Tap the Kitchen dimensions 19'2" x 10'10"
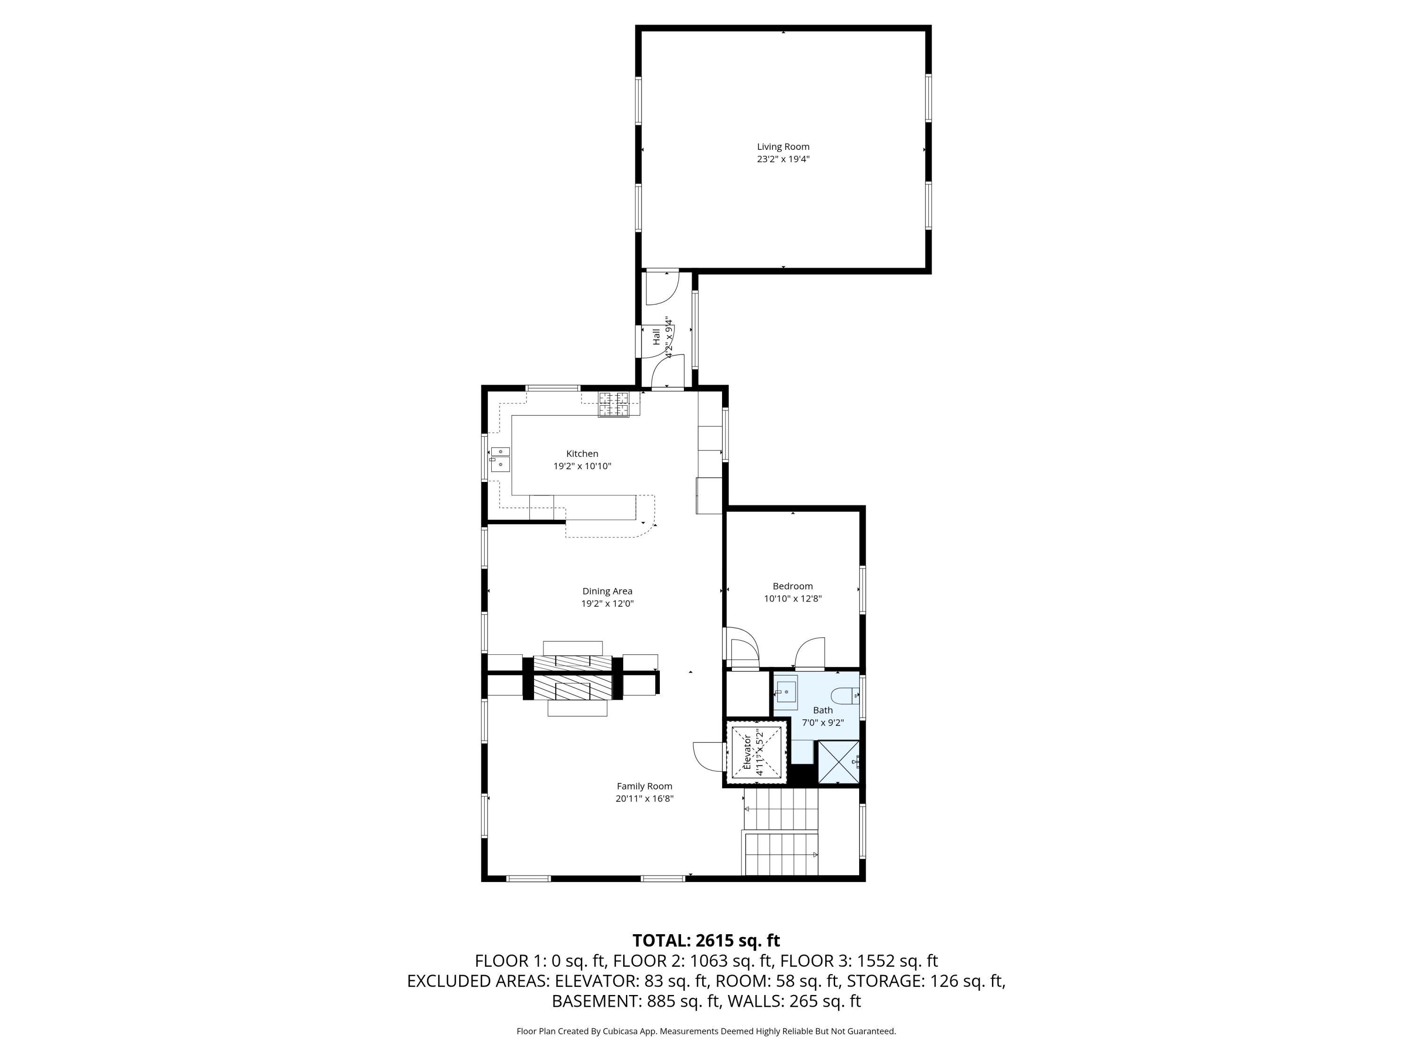(582, 466)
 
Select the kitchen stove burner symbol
(613, 404)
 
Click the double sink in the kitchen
(500, 459)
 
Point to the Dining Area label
(607, 591)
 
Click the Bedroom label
(792, 586)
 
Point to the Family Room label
(644, 786)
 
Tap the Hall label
(656, 337)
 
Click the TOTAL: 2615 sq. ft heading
(706, 940)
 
